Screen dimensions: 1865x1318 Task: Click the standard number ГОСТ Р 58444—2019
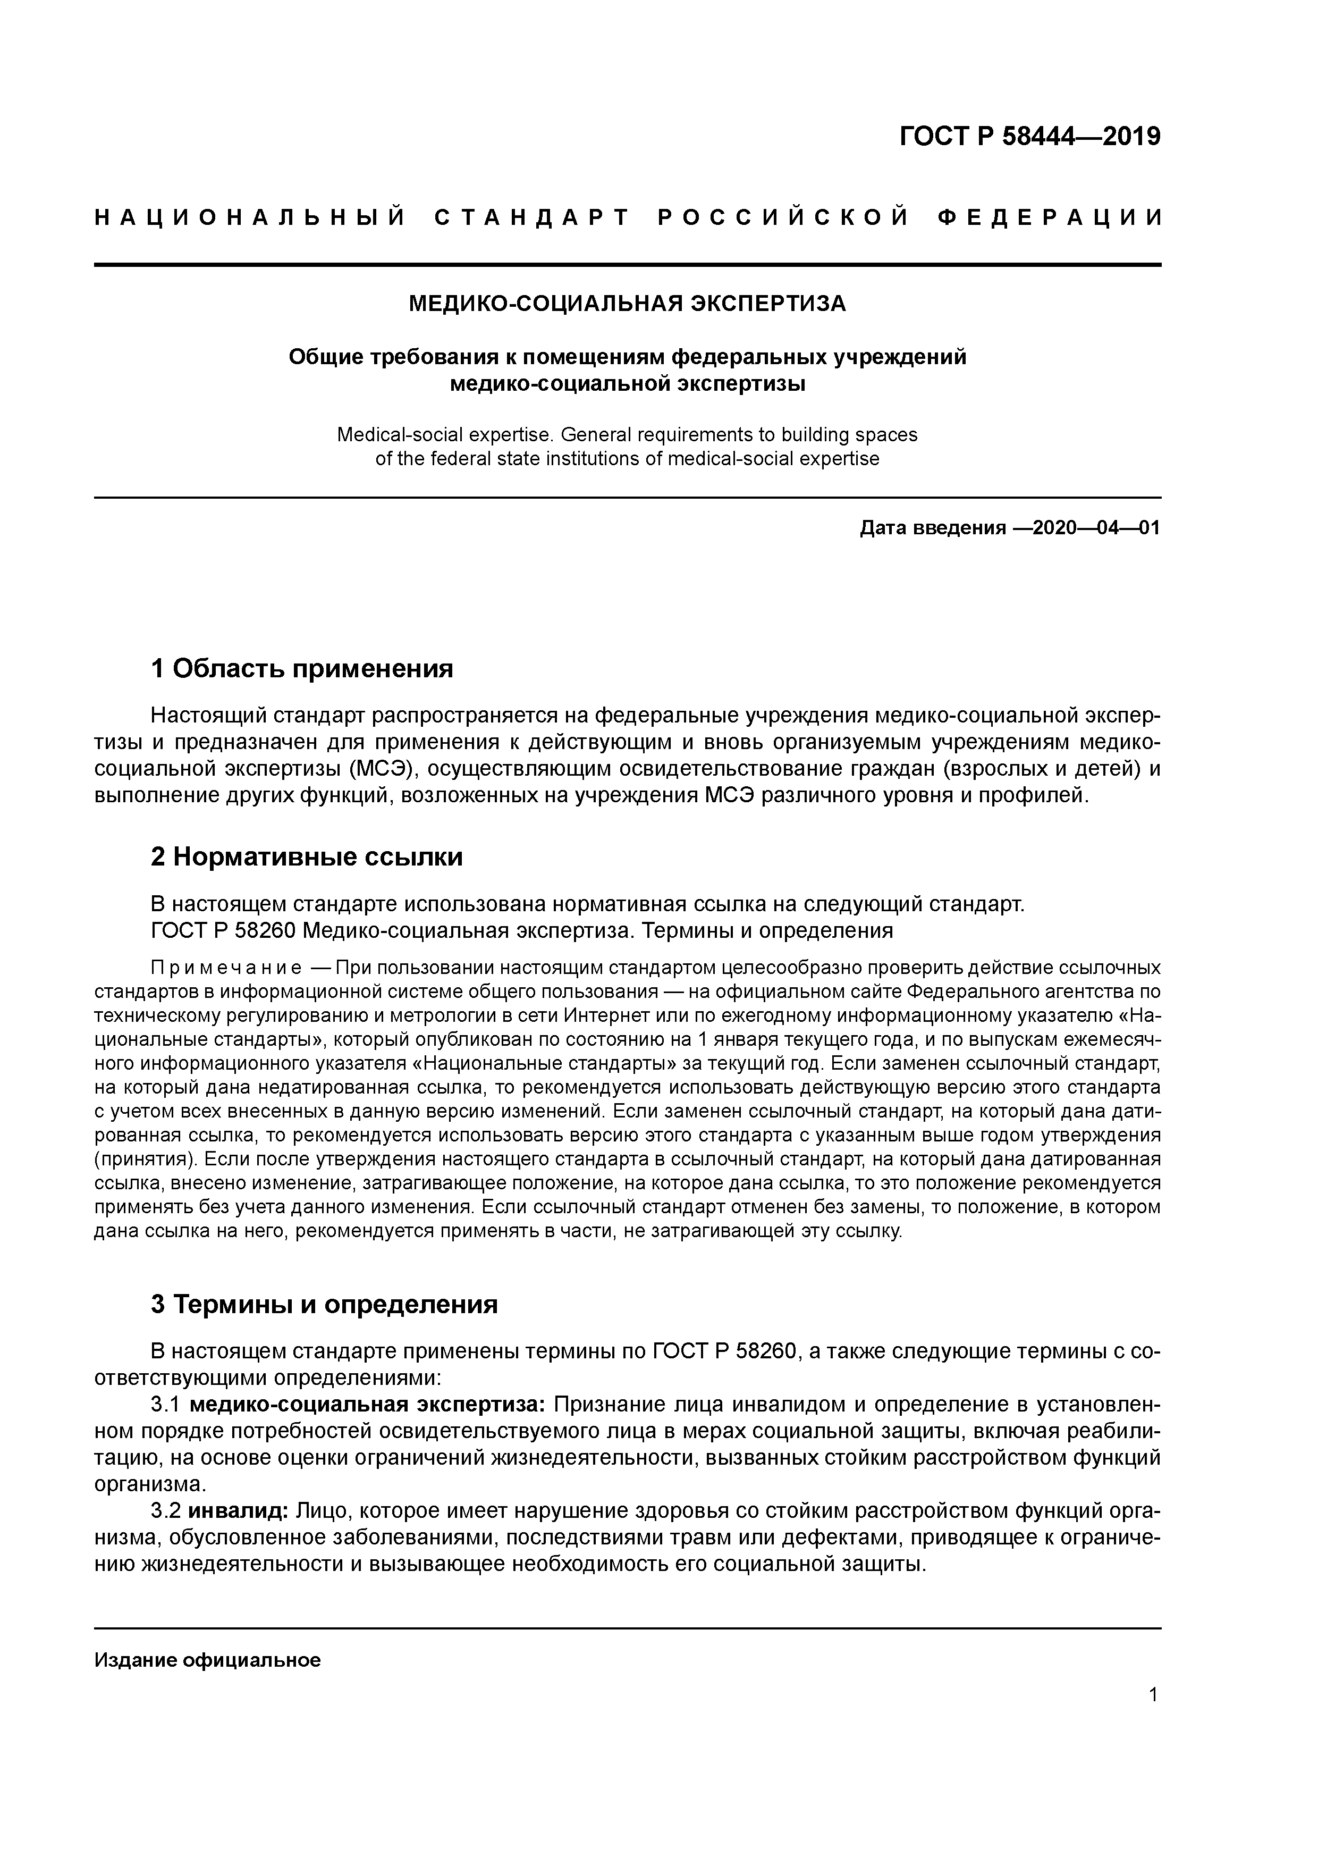1030,137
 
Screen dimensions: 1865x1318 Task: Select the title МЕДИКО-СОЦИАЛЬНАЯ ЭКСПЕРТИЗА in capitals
627,304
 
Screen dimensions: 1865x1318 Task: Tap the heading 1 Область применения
302,668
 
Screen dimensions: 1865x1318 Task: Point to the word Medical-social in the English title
397,434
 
